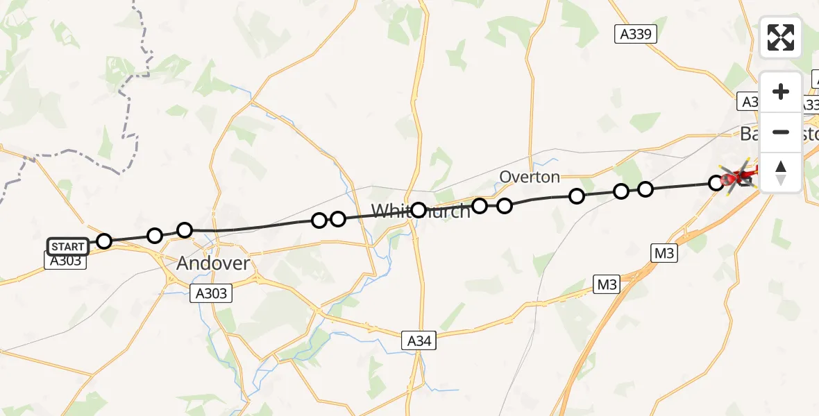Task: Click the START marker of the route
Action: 68,247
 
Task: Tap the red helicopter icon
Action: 736,176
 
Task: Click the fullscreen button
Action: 781,37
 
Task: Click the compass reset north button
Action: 781,173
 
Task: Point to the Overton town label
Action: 530,177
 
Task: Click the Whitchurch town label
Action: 421,211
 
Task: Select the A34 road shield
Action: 419,340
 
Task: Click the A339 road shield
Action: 635,34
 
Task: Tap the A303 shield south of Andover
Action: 211,293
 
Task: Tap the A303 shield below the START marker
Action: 67,261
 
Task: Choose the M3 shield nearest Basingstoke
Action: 664,254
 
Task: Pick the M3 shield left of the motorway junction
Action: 607,284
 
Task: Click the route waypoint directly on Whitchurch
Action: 419,209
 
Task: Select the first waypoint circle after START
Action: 104,241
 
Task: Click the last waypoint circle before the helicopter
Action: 716,183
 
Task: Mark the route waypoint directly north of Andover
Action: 185,230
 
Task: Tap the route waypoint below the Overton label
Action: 505,205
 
